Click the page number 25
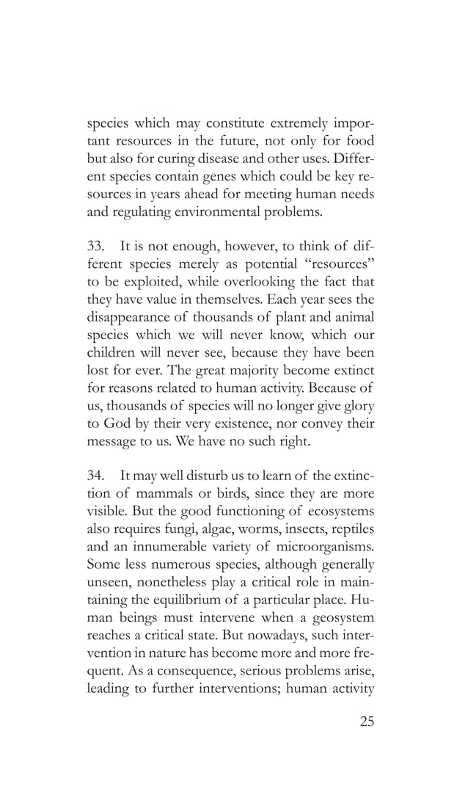pyautogui.click(x=367, y=722)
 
